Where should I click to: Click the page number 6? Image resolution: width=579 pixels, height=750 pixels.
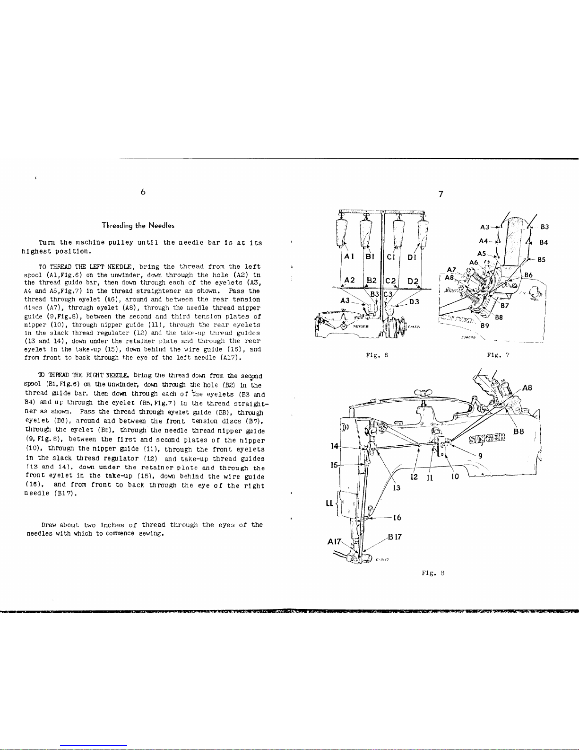[x=142, y=192]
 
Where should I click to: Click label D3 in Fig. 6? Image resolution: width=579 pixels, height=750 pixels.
[x=415, y=301]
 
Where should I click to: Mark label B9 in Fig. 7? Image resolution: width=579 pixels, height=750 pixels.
[x=484, y=326]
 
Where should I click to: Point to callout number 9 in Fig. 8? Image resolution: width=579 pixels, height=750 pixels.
[x=480, y=456]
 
